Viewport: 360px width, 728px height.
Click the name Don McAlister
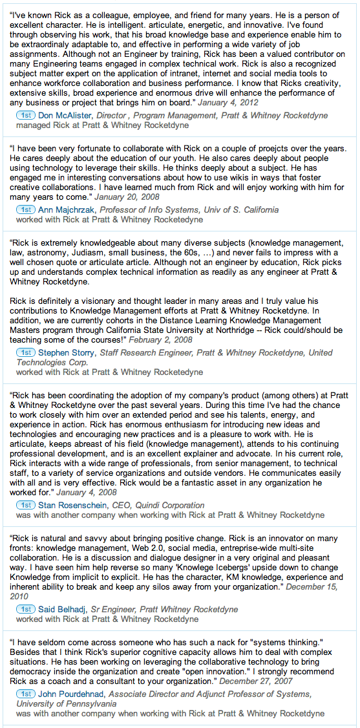click(65, 116)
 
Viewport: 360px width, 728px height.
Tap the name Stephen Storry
click(67, 352)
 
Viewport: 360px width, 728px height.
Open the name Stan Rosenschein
click(72, 505)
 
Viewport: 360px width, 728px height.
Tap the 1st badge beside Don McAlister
click(26, 116)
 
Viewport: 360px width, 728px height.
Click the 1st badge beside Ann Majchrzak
click(26, 209)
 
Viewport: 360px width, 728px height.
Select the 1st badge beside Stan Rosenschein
click(26, 505)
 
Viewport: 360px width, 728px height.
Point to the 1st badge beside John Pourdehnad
click(26, 694)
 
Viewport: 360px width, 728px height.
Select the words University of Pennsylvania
click(67, 703)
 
